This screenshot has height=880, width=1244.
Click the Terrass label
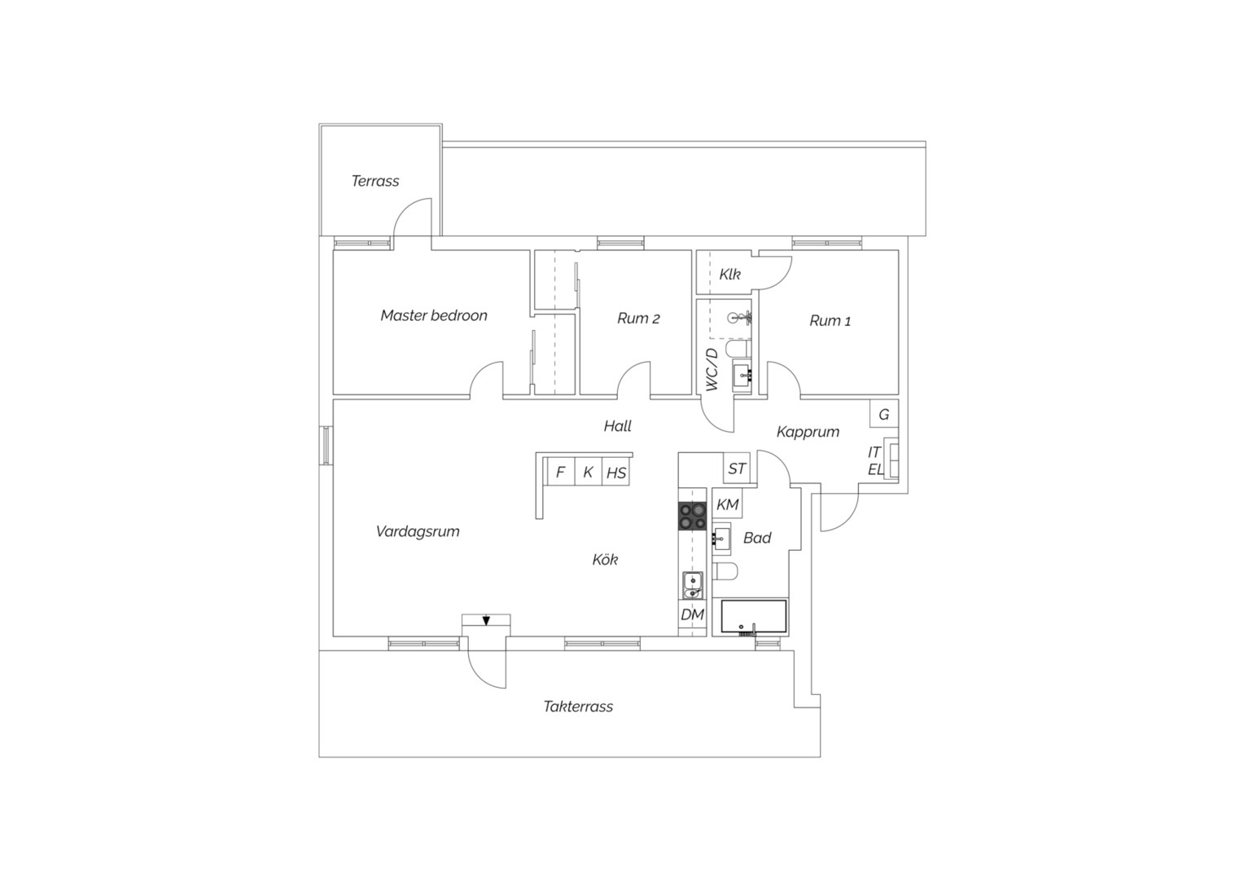coord(375,181)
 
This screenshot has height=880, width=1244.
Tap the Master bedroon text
coord(434,315)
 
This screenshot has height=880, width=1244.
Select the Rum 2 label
coord(638,318)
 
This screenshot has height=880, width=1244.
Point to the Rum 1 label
coord(830,320)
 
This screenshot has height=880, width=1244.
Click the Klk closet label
coord(729,274)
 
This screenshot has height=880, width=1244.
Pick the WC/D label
coord(712,370)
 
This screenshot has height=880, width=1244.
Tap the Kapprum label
coord(808,432)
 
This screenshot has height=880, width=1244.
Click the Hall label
coord(618,426)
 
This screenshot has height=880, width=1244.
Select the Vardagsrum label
coord(418,531)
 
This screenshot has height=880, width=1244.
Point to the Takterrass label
coord(578,706)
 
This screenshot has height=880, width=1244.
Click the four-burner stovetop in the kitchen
coord(692,516)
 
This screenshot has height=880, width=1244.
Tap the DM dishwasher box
coord(693,614)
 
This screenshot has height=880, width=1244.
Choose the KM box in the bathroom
coord(728,504)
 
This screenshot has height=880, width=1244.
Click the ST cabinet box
coord(737,468)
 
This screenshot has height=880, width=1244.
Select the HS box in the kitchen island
coord(615,472)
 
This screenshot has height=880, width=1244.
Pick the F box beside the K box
coord(560,472)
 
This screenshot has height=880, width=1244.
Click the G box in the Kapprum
coord(884,414)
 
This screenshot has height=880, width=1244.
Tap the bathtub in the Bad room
coord(754,617)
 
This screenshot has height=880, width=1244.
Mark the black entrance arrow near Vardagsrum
coord(487,620)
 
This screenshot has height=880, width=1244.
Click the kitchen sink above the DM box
coord(692,585)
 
